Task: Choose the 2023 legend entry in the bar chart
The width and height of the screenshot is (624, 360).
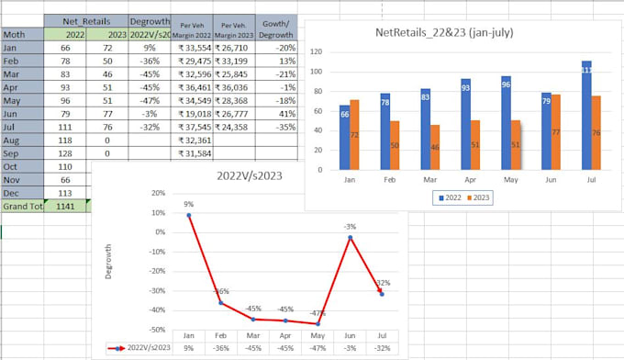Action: pos(479,196)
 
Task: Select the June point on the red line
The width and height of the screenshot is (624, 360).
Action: pos(350,238)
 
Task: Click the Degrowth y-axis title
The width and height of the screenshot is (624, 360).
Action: pos(110,262)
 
